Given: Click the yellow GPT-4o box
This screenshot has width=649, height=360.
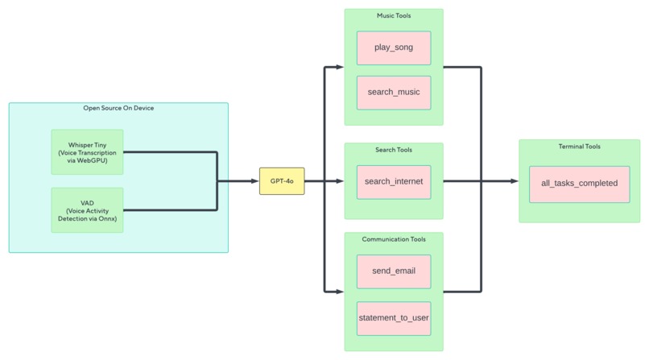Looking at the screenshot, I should [x=282, y=181].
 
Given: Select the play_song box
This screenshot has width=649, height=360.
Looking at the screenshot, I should [x=394, y=48].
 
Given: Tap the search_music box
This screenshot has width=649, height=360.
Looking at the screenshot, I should [x=394, y=93].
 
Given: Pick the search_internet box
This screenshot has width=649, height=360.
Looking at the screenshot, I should [x=394, y=181].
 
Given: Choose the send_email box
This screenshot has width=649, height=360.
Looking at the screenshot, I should [x=394, y=271].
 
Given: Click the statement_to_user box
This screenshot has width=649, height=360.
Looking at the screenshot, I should [x=394, y=317].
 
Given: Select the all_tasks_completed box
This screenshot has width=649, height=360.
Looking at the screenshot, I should [x=579, y=184].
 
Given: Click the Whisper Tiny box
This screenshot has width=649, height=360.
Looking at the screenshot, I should [x=87, y=151].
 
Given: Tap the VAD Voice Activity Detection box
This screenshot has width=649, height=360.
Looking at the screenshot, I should [x=87, y=210].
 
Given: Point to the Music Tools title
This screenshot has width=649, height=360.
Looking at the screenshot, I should [x=394, y=16].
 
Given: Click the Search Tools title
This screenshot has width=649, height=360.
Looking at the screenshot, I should [x=394, y=150].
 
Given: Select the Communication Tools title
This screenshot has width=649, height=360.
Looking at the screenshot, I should [x=394, y=239].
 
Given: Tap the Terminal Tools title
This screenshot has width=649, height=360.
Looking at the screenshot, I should [x=579, y=147].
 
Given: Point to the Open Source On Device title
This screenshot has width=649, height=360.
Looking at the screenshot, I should [x=118, y=108].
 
